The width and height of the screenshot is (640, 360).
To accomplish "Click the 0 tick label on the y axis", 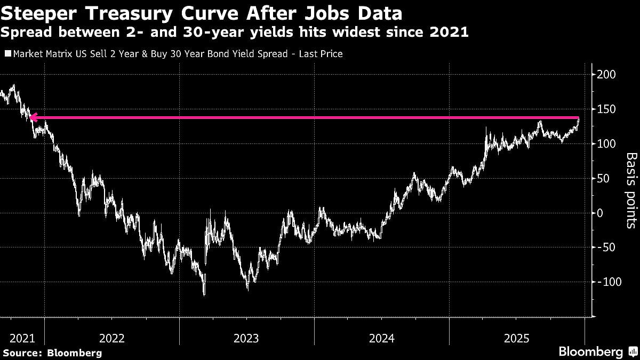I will [599, 213].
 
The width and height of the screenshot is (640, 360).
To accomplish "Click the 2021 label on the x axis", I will [21, 338].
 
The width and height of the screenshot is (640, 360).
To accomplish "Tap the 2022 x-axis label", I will [111, 338].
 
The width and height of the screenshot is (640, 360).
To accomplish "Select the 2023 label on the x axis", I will [246, 338].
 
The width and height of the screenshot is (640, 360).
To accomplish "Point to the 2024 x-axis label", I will [381, 338].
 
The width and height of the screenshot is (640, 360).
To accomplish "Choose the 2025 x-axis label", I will [516, 338].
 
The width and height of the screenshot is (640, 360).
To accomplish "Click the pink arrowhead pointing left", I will [33, 118].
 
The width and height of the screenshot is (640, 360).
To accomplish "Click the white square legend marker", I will [7, 54].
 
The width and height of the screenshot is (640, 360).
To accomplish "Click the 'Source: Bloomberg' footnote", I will [52, 353].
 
